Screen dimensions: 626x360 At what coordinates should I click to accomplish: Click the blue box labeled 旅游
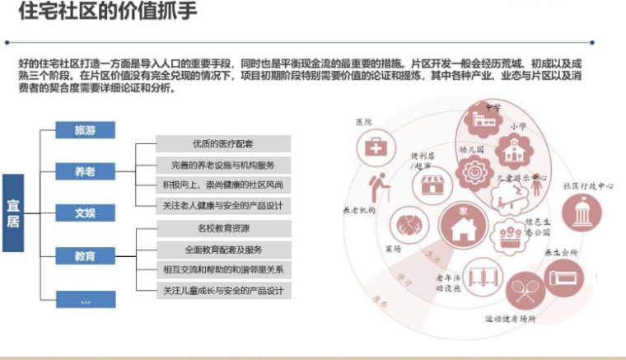pyautogui.click(x=85, y=130)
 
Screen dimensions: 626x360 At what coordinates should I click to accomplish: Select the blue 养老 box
pyautogui.click(x=85, y=171)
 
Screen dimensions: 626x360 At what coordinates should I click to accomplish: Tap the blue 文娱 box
pyautogui.click(x=85, y=213)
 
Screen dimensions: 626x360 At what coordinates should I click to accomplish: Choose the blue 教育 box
pyautogui.click(x=85, y=256)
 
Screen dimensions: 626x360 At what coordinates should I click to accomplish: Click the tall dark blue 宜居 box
pyautogui.click(x=14, y=213)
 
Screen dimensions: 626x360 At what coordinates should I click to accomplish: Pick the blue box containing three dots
pyautogui.click(x=85, y=301)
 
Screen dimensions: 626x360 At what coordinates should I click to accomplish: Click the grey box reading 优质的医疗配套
pyautogui.click(x=223, y=143)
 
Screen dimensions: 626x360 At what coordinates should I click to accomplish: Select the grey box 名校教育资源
pyautogui.click(x=223, y=228)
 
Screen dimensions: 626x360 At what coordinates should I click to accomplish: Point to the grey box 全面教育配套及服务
pyautogui.click(x=223, y=249)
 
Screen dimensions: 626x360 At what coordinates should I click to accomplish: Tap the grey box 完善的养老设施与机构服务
pyautogui.click(x=223, y=164)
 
